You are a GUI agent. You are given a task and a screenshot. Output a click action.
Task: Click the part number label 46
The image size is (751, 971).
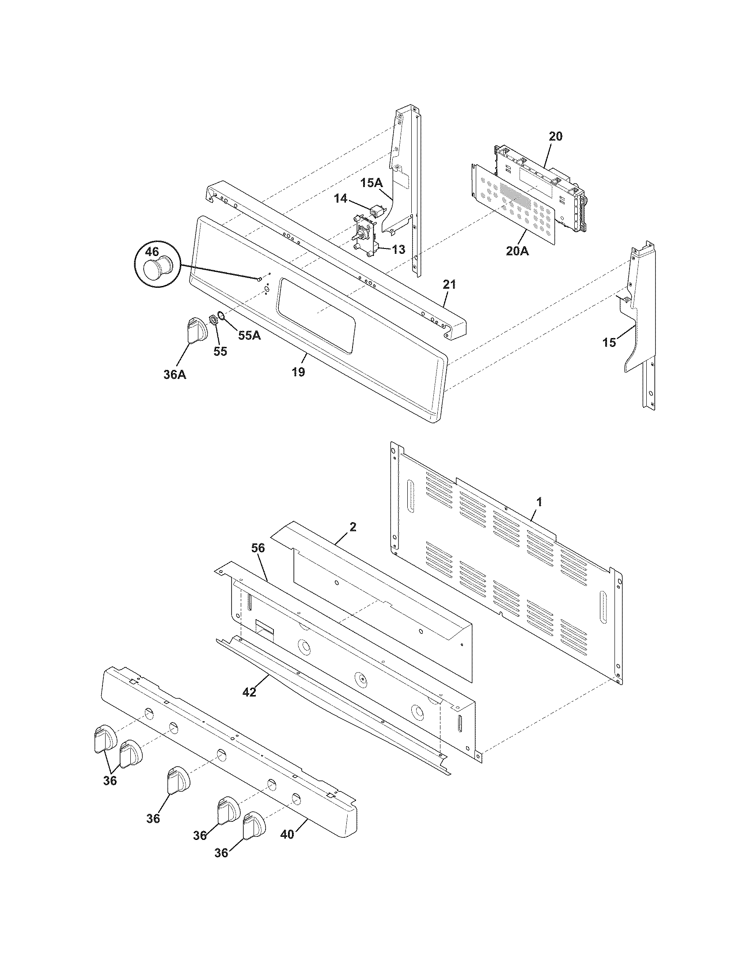point(152,251)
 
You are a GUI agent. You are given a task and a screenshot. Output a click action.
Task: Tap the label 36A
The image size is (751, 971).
point(174,375)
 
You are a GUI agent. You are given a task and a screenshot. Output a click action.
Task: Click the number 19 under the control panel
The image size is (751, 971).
point(299,372)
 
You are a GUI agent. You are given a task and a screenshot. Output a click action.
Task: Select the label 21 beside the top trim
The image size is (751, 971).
point(449,284)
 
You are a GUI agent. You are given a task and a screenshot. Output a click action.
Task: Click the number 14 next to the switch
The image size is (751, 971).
point(341,199)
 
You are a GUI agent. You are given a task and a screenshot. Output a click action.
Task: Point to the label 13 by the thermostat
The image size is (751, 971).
point(398,250)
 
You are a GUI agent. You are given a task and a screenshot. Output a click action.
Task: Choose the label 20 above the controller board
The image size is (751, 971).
point(555,136)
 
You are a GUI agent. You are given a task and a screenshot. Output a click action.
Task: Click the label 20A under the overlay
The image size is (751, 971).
point(517,251)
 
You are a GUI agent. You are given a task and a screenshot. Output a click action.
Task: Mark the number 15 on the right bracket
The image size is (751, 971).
point(609,342)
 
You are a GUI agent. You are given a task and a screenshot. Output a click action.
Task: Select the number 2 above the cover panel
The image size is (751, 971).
point(353,527)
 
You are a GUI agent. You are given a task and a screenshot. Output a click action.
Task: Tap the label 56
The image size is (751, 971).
point(258,548)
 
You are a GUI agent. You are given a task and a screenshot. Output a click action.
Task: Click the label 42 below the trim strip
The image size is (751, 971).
point(250,692)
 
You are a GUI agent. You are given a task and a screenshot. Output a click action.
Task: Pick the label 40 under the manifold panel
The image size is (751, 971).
point(288,835)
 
